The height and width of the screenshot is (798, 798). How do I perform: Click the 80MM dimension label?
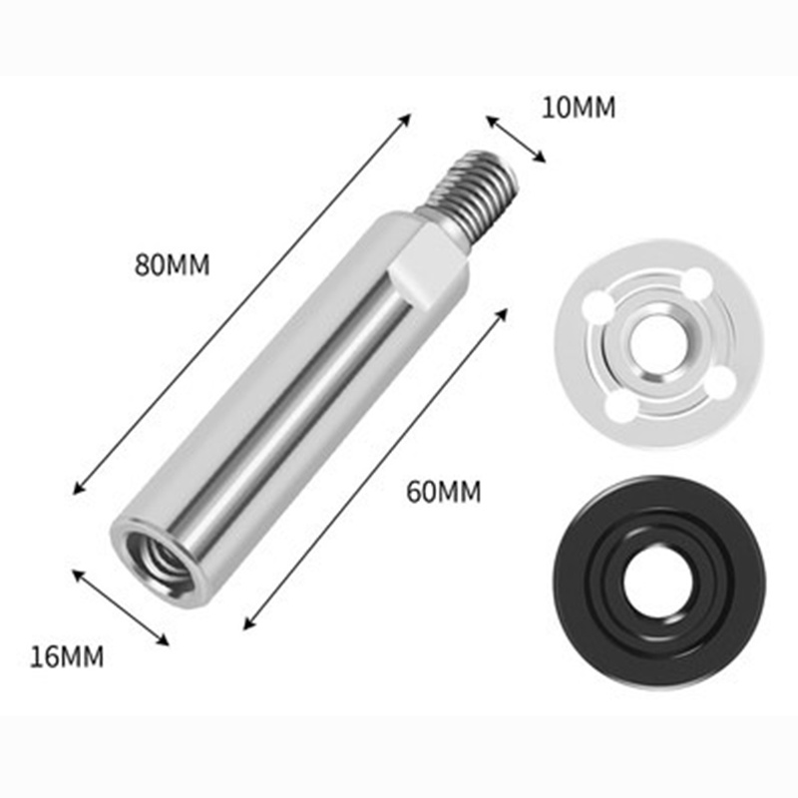pyautogui.click(x=172, y=265)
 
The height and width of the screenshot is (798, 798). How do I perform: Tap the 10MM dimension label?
pyautogui.click(x=579, y=108)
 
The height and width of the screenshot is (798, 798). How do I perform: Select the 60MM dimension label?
pyautogui.click(x=443, y=492)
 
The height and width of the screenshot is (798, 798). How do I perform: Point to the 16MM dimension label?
pyautogui.click(x=67, y=656)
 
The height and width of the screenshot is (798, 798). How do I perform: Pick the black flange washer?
pyautogui.click(x=659, y=583)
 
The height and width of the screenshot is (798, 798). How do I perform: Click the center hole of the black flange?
pyautogui.click(x=657, y=584)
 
